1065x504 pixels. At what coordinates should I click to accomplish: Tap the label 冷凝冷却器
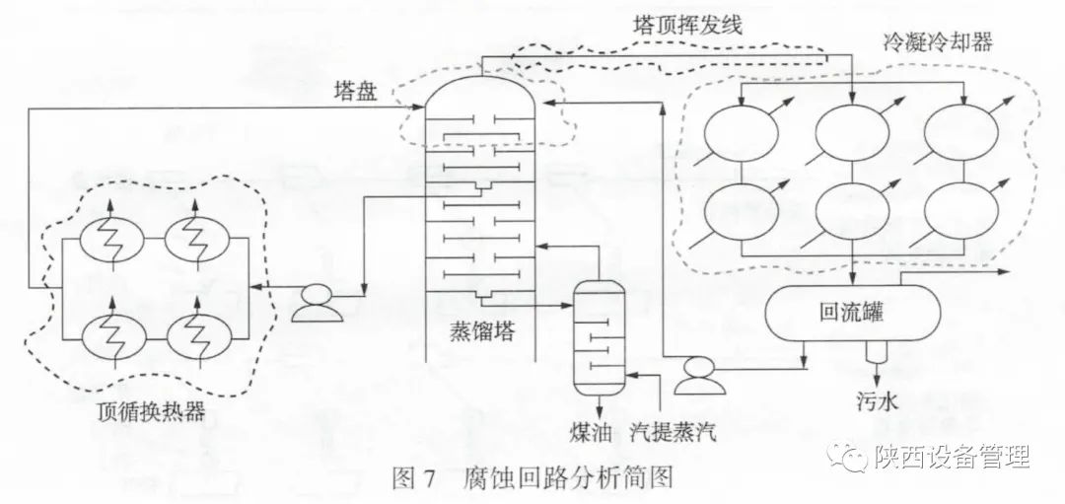[x=938, y=42]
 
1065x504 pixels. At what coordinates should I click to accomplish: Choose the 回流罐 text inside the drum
[x=851, y=313]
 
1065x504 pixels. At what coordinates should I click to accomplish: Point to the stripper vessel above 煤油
[x=599, y=335]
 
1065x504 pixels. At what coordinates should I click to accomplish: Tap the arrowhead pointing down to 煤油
[x=599, y=408]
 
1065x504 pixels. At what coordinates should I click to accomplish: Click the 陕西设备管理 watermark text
[x=951, y=457]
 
